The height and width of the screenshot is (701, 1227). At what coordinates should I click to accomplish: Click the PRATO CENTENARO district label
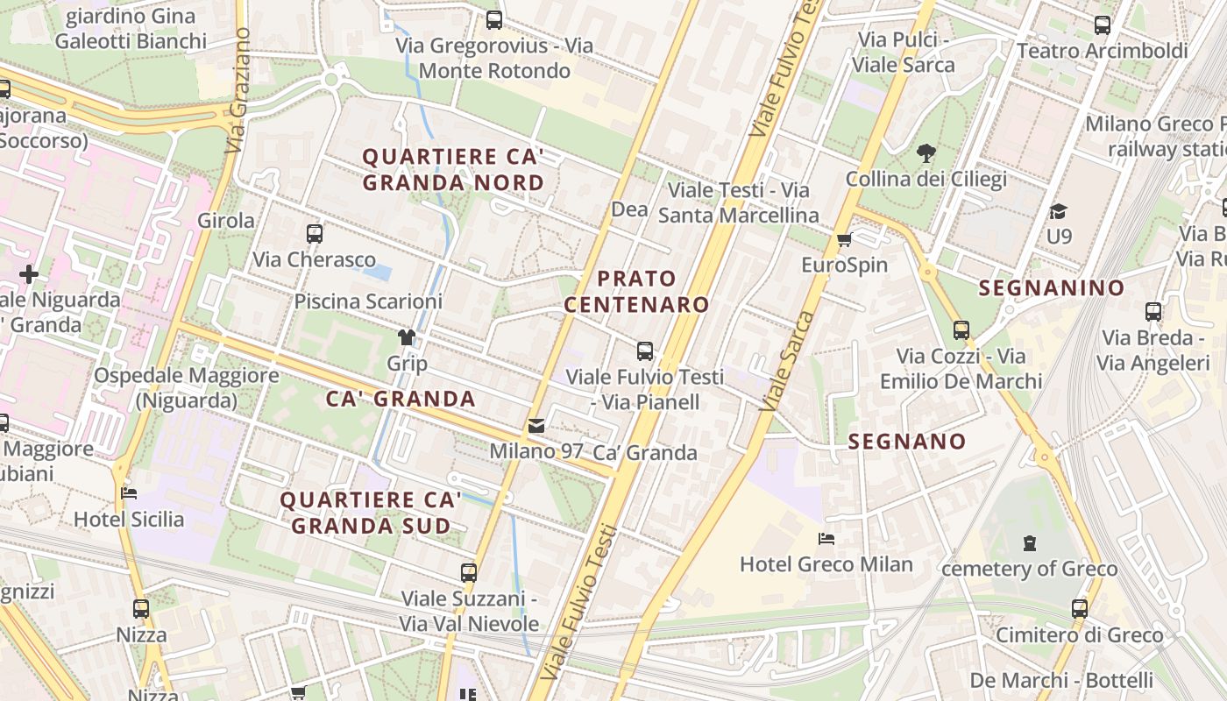point(636,292)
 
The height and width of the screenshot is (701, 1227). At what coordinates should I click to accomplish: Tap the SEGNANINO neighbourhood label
point(1051,287)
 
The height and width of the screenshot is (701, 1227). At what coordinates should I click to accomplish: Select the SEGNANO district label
point(906,442)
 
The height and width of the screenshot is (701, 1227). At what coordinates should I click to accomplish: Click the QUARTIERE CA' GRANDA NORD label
point(453,170)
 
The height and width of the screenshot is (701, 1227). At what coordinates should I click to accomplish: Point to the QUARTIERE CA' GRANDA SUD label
point(371,513)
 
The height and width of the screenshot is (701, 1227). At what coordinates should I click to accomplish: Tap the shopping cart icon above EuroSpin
point(844,240)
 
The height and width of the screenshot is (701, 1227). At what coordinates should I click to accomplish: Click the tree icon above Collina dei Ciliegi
point(926,154)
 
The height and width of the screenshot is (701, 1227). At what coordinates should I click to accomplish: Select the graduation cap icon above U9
point(1059,211)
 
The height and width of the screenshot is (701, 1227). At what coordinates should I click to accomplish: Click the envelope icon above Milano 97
point(536,426)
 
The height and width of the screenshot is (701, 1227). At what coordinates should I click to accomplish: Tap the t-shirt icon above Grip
point(406,337)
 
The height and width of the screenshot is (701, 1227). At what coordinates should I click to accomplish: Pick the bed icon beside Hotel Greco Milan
point(826,538)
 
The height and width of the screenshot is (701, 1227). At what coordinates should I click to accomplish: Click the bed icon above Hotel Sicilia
point(129,493)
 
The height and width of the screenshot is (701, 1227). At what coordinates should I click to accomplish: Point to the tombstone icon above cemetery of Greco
point(1029,543)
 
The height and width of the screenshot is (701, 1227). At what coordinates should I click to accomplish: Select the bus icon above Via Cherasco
point(315,234)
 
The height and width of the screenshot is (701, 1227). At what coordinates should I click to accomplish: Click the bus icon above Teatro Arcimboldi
point(1103,25)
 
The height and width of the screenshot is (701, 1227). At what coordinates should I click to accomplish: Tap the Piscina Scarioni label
point(368,301)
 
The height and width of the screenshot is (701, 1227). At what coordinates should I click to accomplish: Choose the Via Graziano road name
point(238,90)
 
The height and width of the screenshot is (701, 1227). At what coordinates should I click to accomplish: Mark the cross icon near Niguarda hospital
point(29,274)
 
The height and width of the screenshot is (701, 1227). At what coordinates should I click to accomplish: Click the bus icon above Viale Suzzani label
point(469,573)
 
